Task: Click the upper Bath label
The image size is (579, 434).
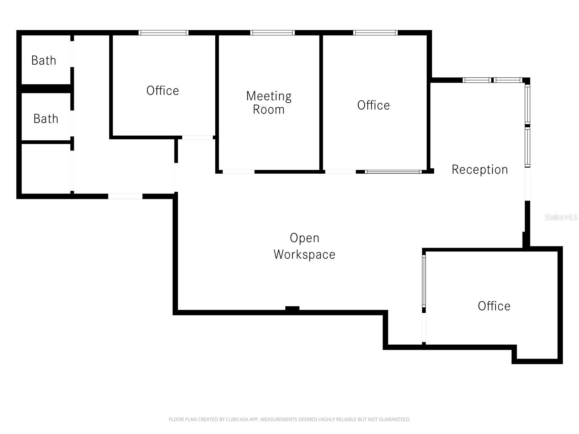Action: pyautogui.click(x=44, y=60)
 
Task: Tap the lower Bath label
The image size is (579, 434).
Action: pyautogui.click(x=46, y=119)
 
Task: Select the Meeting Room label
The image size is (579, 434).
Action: pyautogui.click(x=269, y=103)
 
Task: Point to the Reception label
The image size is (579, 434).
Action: pyautogui.click(x=479, y=170)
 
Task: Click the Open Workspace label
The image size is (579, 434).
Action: pyautogui.click(x=304, y=246)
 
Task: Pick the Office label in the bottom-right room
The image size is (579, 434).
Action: pyautogui.click(x=494, y=306)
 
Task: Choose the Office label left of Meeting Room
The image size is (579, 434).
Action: pyautogui.click(x=162, y=90)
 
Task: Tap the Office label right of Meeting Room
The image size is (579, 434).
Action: pyautogui.click(x=373, y=105)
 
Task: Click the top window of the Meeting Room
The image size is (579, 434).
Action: pyautogui.click(x=272, y=33)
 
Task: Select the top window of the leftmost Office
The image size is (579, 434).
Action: pyautogui.click(x=164, y=33)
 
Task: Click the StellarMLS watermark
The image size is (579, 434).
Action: pyautogui.click(x=561, y=217)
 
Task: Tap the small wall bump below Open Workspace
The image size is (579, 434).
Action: pyautogui.click(x=292, y=309)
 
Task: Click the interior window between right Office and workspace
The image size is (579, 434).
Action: pyautogui.click(x=393, y=172)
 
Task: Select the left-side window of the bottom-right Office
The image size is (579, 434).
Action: pyautogui.click(x=424, y=281)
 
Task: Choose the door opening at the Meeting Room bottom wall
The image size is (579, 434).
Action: pyautogui.click(x=238, y=172)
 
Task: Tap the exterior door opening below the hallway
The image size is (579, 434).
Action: pyautogui.click(x=125, y=196)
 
